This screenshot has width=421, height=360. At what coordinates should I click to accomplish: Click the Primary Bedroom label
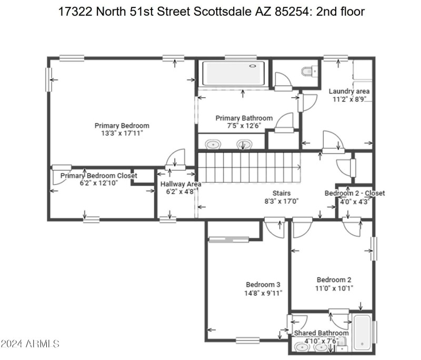pos(122,125)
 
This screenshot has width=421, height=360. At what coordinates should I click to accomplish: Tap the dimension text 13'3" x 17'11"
pos(122,133)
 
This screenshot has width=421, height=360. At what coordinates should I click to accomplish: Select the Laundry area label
pos(349,91)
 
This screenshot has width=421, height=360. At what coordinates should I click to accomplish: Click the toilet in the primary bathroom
pos(308,71)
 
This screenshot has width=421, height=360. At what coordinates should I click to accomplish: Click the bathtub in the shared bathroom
pos(362,332)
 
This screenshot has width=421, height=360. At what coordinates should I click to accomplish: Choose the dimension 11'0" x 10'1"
pos(334,288)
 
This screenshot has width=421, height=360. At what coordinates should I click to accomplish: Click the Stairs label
pos(282,193)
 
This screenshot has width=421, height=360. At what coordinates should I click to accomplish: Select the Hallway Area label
pos(181,184)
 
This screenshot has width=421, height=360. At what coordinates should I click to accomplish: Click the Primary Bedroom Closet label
pos(98,175)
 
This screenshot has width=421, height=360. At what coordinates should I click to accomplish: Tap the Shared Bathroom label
pos(321,333)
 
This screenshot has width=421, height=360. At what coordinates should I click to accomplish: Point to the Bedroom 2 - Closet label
pos(354,193)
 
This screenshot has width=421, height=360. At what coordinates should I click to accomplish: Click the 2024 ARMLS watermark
pos(29,344)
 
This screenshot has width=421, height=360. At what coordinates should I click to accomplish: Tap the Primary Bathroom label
pos(244,118)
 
